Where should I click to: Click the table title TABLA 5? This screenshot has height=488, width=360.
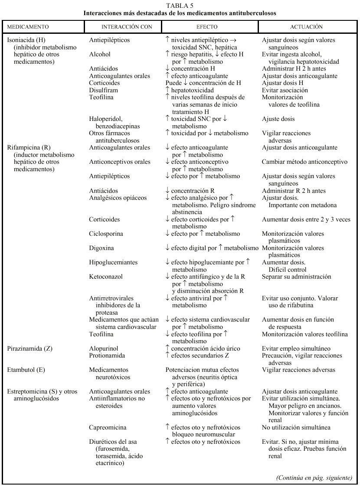pyautogui.click(x=180, y=6)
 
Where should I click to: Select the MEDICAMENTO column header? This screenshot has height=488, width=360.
pyautogui.click(x=27, y=27)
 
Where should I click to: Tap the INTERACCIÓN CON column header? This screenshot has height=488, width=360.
pyautogui.click(x=127, y=27)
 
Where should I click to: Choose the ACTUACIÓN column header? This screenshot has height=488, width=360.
pyautogui.click(x=306, y=27)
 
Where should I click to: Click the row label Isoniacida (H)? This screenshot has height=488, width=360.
pyautogui.click(x=26, y=40)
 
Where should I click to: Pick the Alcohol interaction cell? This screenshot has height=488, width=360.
pyautogui.click(x=100, y=55)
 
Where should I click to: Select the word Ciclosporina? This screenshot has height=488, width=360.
pyautogui.click(x=106, y=234)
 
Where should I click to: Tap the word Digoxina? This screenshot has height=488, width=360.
pyautogui.click(x=102, y=248)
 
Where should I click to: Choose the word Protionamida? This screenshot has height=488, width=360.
pyautogui.click(x=107, y=356)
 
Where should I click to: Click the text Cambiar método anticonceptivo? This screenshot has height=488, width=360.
pyautogui.click(x=304, y=162)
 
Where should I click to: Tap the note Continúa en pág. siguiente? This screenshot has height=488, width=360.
pyautogui.click(x=314, y=478)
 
